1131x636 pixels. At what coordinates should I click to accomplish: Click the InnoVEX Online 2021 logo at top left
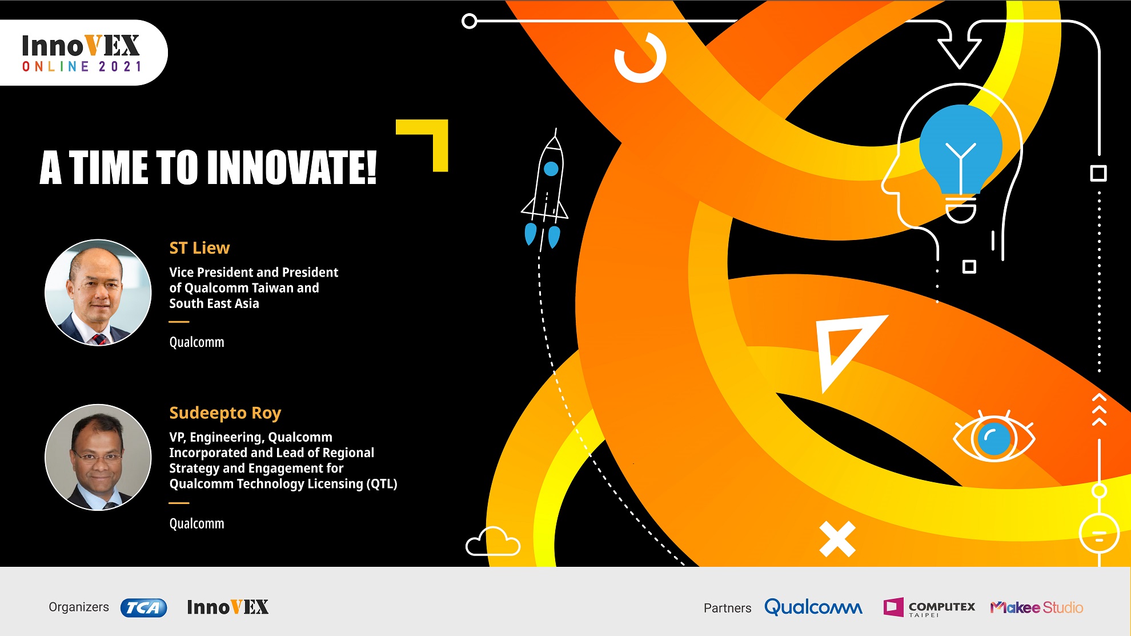(x=81, y=53)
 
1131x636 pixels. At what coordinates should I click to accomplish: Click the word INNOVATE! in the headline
(x=292, y=167)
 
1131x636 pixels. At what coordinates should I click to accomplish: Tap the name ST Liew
(x=199, y=248)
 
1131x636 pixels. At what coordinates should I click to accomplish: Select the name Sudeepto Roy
(x=225, y=413)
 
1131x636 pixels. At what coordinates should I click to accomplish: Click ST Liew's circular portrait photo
(x=98, y=292)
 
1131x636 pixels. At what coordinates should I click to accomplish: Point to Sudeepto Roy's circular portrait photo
(x=98, y=457)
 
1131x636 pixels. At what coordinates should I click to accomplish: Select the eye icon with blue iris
(x=994, y=438)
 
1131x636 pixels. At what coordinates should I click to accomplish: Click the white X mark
(x=837, y=538)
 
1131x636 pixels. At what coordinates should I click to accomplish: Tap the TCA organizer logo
(x=143, y=607)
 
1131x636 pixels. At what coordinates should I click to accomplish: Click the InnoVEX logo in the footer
(x=228, y=607)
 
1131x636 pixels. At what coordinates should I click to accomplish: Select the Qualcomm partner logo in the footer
(x=813, y=607)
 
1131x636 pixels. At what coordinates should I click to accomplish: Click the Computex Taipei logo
(x=929, y=607)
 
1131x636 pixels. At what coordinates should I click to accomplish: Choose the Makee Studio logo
(x=1037, y=607)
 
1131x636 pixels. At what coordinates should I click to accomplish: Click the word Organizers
(x=79, y=607)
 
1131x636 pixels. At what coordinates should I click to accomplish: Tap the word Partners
(x=727, y=608)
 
